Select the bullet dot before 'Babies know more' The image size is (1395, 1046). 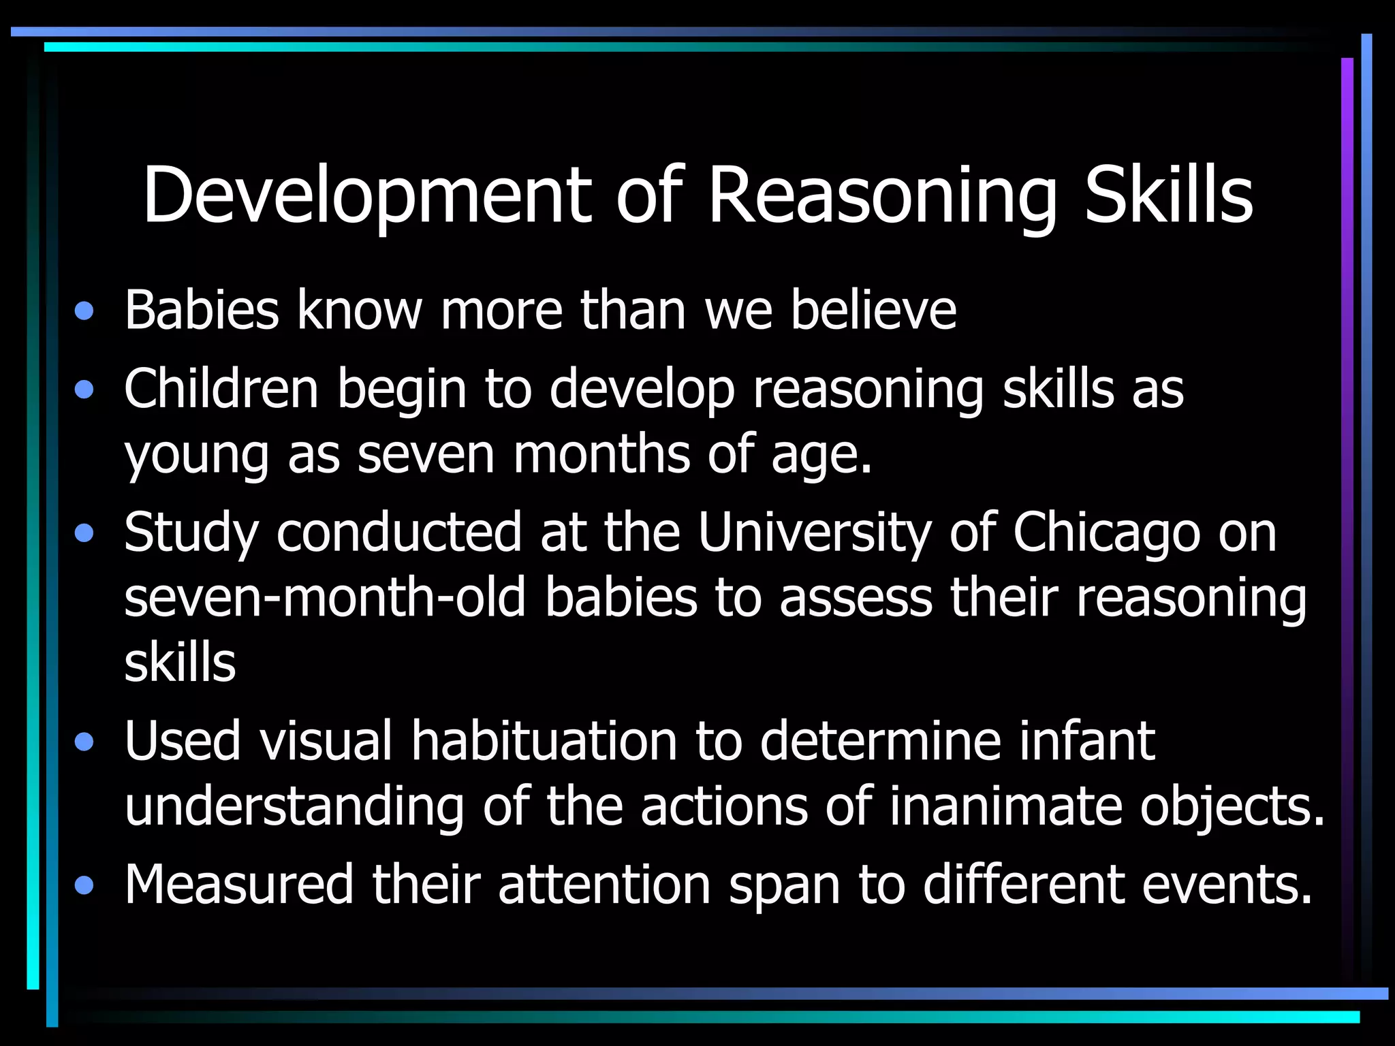click(84, 312)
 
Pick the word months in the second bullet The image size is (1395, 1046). click(601, 454)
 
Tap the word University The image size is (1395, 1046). click(815, 533)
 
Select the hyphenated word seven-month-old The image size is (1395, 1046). click(326, 597)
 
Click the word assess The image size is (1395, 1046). click(856, 597)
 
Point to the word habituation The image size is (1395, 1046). click(544, 741)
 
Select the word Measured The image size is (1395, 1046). click(239, 884)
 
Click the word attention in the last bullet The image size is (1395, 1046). click(605, 884)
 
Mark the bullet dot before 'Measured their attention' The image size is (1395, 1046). click(84, 886)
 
